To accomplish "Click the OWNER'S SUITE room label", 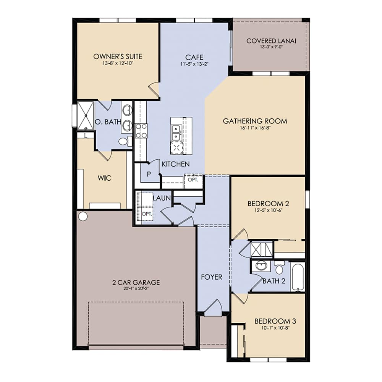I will click(118, 57).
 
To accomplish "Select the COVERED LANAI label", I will click(271, 41).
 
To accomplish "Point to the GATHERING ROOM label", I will click(255, 121).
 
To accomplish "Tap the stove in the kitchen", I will click(141, 130).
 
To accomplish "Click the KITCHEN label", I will click(175, 164).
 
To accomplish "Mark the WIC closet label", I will click(104, 178).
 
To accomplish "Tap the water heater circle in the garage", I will click(83, 216).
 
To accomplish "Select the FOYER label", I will click(211, 277).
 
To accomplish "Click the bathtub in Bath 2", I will click(297, 277).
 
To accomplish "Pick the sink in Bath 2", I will click(262, 266).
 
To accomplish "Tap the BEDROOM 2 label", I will click(267, 203).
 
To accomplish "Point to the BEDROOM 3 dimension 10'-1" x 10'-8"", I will click(275, 328).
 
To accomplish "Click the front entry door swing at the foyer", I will click(214, 308).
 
